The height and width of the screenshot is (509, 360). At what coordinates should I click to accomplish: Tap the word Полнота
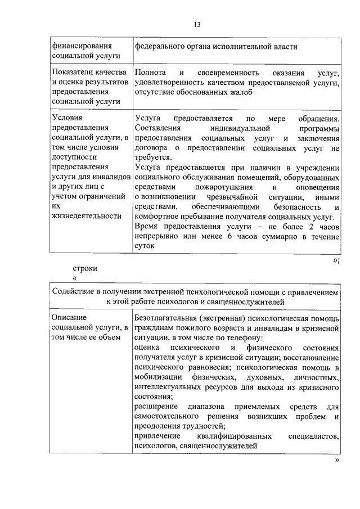point(150,74)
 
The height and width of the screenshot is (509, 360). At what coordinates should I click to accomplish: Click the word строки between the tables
point(85,268)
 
